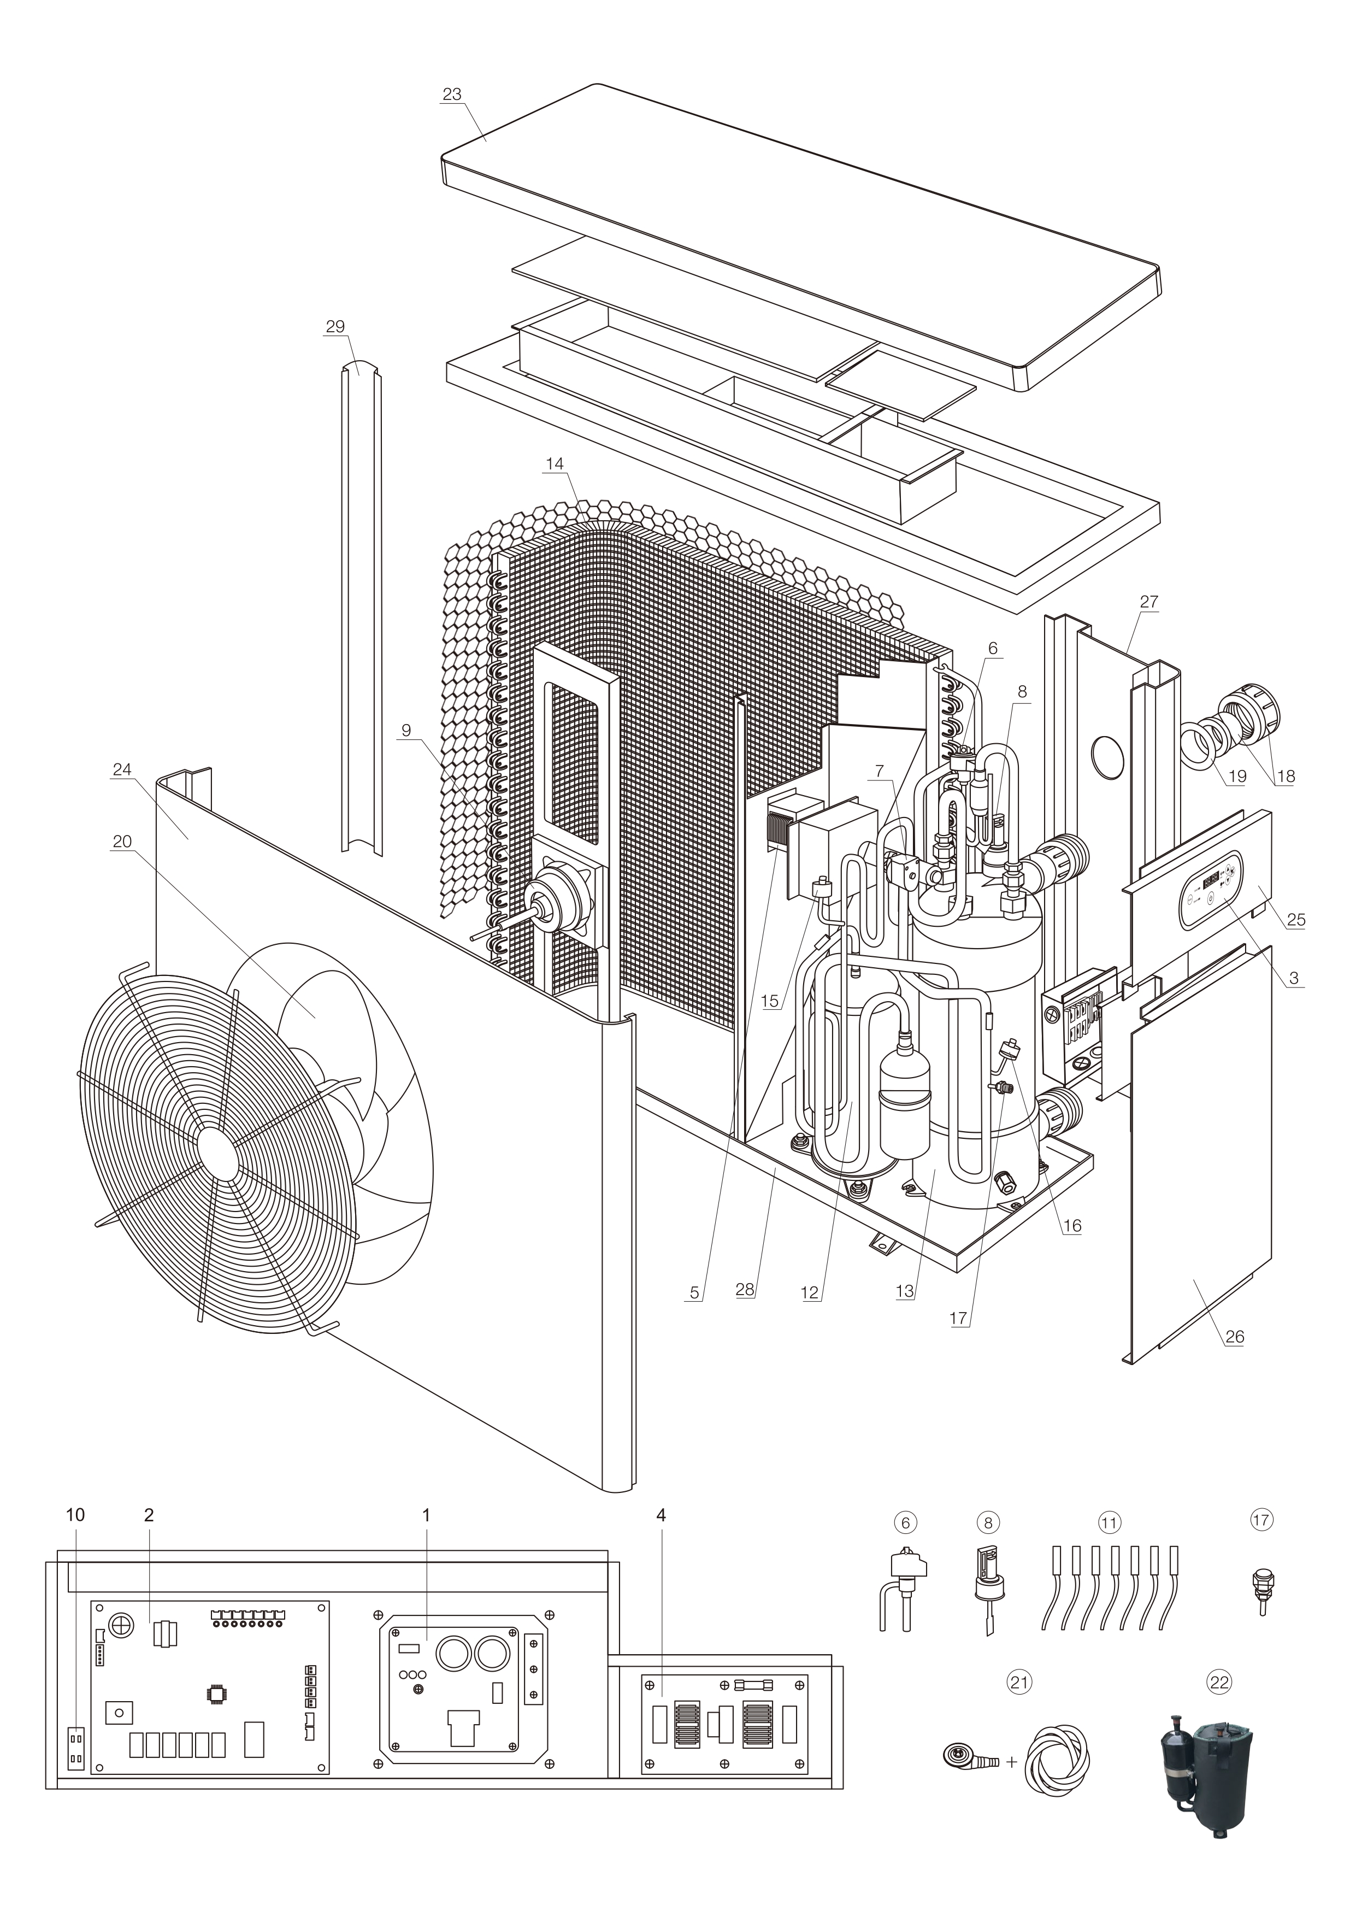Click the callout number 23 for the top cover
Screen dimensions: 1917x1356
(x=452, y=95)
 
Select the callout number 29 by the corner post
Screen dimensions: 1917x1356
(x=335, y=326)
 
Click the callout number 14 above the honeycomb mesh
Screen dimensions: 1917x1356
(x=555, y=463)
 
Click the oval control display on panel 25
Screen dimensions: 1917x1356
(x=1210, y=890)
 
